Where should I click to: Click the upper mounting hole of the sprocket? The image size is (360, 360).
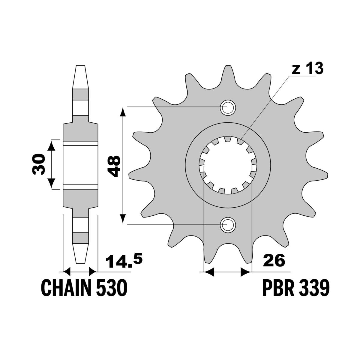228,107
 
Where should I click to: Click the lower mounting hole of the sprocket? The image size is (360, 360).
228,224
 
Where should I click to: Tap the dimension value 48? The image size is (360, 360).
115,166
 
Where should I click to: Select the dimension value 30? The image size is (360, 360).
39,164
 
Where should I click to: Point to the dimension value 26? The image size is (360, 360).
274,260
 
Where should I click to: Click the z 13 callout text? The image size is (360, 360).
307,69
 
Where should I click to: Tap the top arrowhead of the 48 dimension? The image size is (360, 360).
122,112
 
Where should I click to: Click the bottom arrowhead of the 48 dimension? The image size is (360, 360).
122,219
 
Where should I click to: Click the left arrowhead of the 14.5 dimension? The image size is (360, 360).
67,272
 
